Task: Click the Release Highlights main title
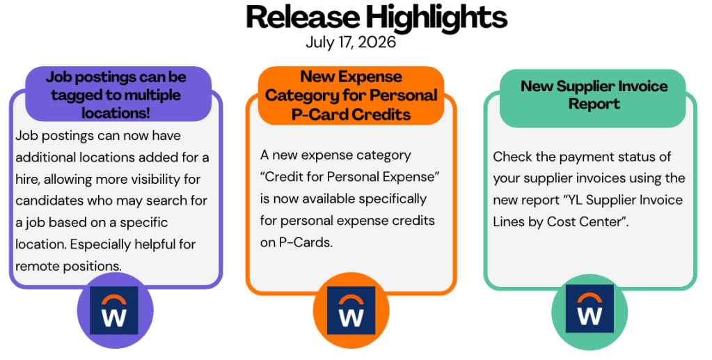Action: (x=377, y=17)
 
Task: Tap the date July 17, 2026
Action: (x=351, y=42)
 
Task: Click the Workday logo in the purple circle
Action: (x=114, y=311)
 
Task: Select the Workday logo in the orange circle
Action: (x=351, y=311)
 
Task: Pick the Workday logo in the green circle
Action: (x=590, y=308)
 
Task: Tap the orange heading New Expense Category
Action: (x=351, y=95)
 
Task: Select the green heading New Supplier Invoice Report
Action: (x=594, y=95)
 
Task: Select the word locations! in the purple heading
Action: (x=116, y=113)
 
